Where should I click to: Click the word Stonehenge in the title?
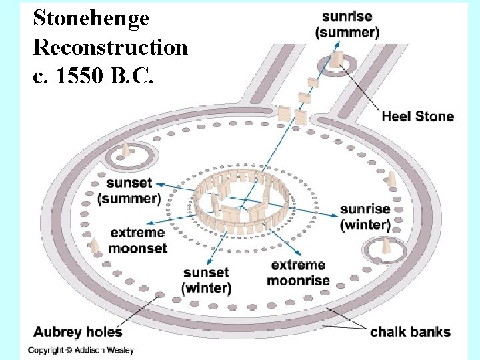point(91,18)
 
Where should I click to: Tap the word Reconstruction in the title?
point(110,47)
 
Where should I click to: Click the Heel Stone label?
point(417,117)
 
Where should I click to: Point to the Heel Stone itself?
point(337,60)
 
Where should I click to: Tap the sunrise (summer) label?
point(347,24)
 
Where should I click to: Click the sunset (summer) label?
point(129,191)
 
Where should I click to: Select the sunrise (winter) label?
point(365,217)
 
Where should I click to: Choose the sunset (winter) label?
point(206,280)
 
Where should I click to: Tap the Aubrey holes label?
point(78,331)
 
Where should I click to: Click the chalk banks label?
point(410,332)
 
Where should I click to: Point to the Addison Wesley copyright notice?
point(81,350)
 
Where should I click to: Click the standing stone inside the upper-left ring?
point(125,151)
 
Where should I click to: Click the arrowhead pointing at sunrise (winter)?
point(336,217)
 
